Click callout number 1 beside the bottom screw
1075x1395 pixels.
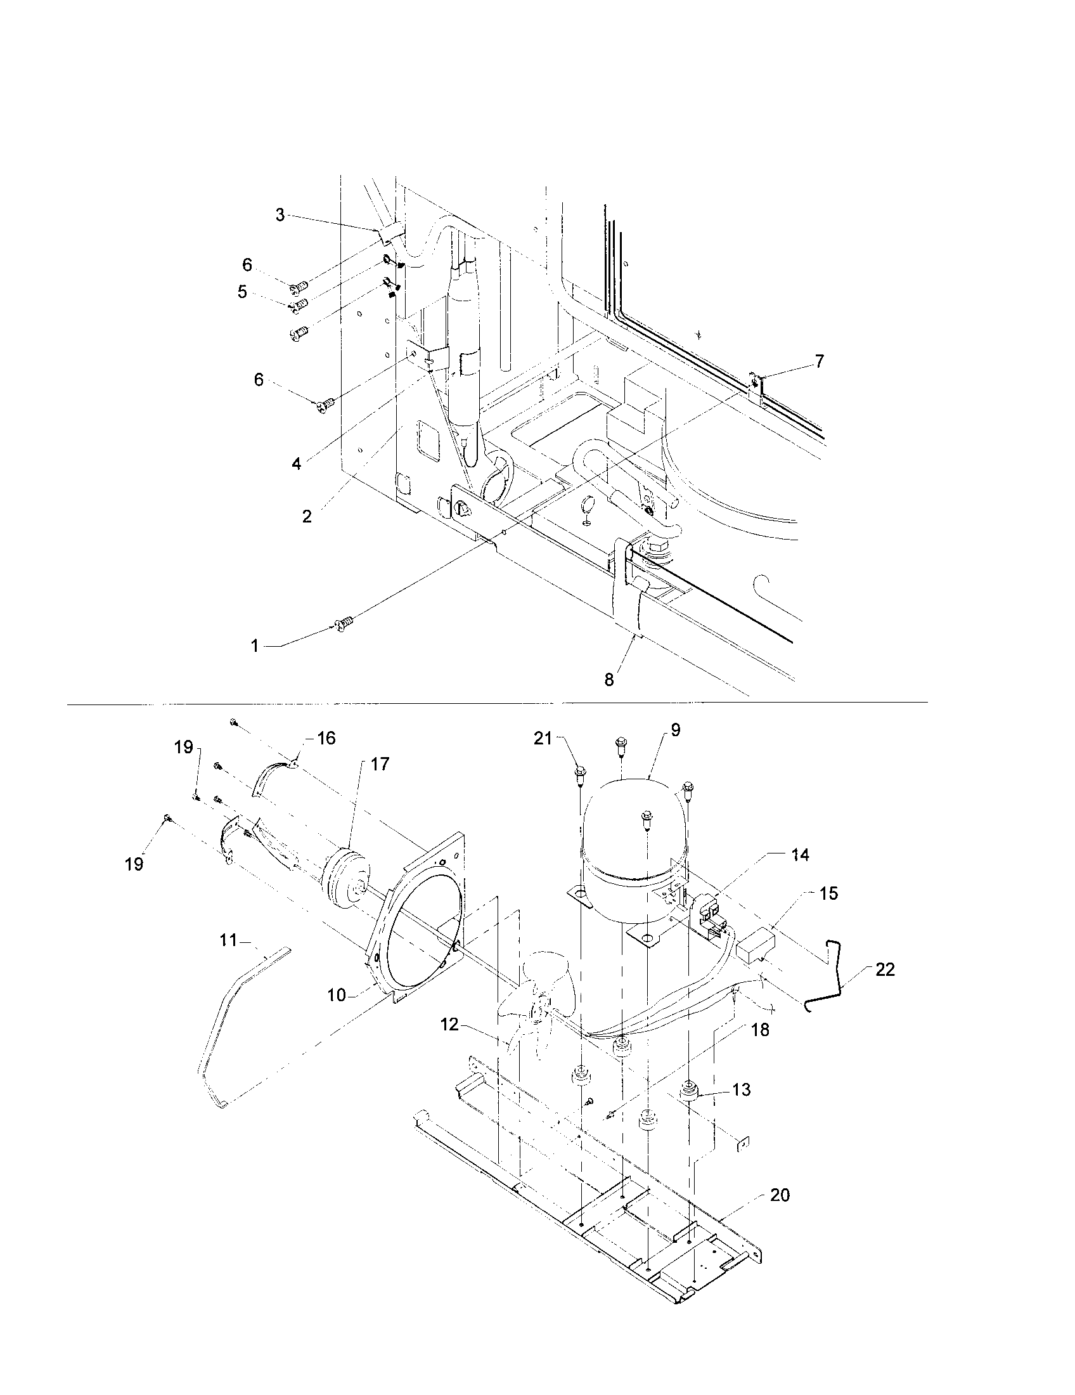(x=255, y=646)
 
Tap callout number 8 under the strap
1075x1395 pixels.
(x=609, y=680)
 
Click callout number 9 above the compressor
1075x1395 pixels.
(x=676, y=730)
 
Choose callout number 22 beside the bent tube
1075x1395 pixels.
(x=885, y=969)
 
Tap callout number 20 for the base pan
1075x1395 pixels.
(x=780, y=1195)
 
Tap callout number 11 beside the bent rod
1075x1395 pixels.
(x=229, y=940)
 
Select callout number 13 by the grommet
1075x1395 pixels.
(x=741, y=1089)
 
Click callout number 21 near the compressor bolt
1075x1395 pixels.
(x=543, y=739)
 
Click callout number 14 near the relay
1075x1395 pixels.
(x=800, y=855)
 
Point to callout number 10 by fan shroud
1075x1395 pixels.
(x=337, y=994)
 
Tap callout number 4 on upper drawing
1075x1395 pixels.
(x=296, y=464)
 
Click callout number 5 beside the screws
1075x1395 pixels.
(x=243, y=292)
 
